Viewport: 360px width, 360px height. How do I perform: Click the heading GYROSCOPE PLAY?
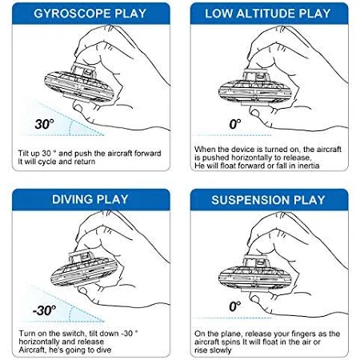(x=90, y=14)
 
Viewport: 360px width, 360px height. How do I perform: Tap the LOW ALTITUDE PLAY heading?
(x=268, y=14)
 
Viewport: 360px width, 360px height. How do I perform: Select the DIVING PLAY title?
(x=90, y=199)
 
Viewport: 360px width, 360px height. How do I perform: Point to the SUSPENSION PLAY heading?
(x=268, y=200)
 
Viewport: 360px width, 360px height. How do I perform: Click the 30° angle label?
(x=44, y=124)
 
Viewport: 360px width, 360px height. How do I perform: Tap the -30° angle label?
(x=44, y=310)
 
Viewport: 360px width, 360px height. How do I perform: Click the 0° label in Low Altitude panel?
(x=235, y=124)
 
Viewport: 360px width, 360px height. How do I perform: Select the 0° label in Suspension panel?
(x=235, y=306)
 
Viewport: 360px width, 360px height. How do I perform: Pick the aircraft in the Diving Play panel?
(x=84, y=269)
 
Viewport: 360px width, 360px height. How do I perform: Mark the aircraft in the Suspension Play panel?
(x=255, y=273)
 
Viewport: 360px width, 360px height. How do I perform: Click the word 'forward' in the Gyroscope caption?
(x=147, y=154)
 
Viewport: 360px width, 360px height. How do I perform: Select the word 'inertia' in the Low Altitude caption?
(x=308, y=166)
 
